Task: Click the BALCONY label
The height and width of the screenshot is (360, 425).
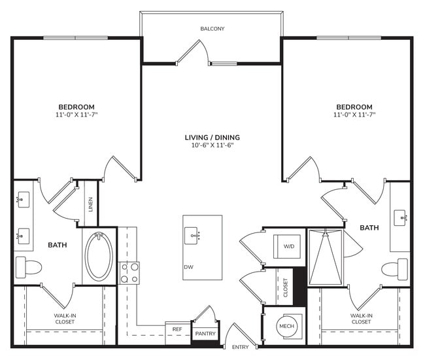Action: point(212,29)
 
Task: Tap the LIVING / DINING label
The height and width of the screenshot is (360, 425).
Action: point(212,137)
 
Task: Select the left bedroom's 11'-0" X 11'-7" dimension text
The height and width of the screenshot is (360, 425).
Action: point(76,115)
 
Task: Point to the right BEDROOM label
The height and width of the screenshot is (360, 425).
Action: point(354,107)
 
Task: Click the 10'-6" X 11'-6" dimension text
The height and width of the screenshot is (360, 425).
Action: point(212,145)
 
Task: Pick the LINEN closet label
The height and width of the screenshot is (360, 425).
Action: point(91,206)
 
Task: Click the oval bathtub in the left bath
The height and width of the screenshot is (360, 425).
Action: point(99,256)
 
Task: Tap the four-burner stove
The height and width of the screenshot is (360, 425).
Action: point(129,272)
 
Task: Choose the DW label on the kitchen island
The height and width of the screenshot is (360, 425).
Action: point(188,266)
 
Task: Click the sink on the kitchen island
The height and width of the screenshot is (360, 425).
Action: point(194,233)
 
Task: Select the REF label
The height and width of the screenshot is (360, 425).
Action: point(177,330)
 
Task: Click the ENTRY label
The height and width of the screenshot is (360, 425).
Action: point(241,346)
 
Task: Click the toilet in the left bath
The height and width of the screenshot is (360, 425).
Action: point(28,266)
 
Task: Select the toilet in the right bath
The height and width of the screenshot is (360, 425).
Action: point(395,268)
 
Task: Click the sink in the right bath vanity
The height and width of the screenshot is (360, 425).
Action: point(401,215)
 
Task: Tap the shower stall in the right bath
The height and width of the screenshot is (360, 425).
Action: point(326,257)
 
